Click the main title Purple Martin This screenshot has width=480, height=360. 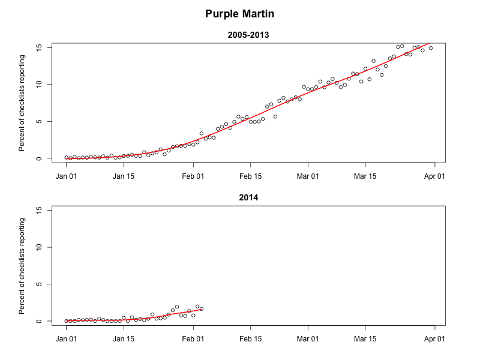pyautogui.click(x=240, y=13)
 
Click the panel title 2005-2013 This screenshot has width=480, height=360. pyautogui.click(x=248, y=35)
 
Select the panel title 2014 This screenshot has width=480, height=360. pyautogui.click(x=248, y=197)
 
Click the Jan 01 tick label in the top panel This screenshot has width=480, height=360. pyautogui.click(x=66, y=176)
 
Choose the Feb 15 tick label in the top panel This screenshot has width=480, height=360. pyautogui.click(x=251, y=176)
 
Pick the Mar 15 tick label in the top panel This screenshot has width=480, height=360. pyautogui.click(x=365, y=176)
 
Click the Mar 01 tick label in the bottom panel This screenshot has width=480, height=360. pyautogui.click(x=308, y=338)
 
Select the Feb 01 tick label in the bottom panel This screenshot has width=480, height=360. pyautogui.click(x=193, y=338)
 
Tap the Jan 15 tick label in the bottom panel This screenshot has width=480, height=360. pyautogui.click(x=124, y=338)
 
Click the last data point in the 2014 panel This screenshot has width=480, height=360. pyautogui.click(x=202, y=309)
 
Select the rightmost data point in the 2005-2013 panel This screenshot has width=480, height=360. pyautogui.click(x=431, y=48)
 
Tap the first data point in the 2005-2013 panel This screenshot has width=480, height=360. pyautogui.click(x=66, y=157)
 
